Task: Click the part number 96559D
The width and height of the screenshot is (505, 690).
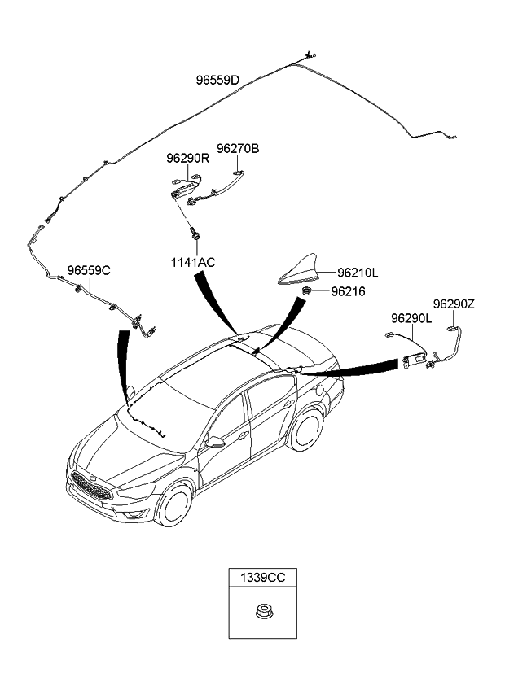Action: click(x=217, y=81)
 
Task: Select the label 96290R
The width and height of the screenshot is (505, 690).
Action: click(x=188, y=159)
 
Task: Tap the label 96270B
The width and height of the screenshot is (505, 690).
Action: click(x=238, y=149)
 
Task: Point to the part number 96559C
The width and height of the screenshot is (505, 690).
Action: click(x=89, y=270)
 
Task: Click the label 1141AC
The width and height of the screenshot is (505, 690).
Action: click(x=193, y=261)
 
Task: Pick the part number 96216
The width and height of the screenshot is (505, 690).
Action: click(x=348, y=291)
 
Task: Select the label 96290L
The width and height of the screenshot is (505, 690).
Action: click(x=412, y=318)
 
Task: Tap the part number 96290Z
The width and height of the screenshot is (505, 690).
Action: click(x=454, y=304)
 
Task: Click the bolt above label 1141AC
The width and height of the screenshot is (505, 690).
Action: click(x=196, y=234)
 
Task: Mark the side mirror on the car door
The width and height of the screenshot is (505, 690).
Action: click(x=216, y=442)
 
